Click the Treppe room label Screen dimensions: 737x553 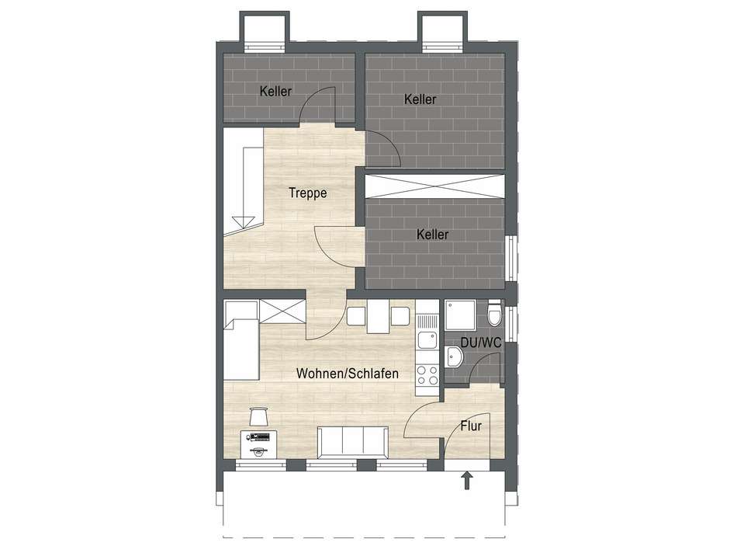pyautogui.click(x=308, y=193)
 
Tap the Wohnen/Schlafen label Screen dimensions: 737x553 pyautogui.click(x=348, y=374)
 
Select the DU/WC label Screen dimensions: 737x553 pyautogui.click(x=480, y=343)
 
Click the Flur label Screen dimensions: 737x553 pyautogui.click(x=471, y=426)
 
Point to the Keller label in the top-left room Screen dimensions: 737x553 pyautogui.click(x=275, y=92)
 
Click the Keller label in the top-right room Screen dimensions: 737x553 pyautogui.click(x=420, y=99)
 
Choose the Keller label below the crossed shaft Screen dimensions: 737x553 pyautogui.click(x=432, y=235)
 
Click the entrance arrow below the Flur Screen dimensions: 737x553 pyautogui.click(x=467, y=481)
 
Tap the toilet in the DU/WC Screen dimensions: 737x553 pyautogui.click(x=494, y=315)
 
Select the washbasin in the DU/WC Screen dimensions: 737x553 pyautogui.click(x=454, y=357)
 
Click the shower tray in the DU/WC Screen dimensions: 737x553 pyautogui.click(x=460, y=315)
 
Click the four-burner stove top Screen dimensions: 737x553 pyautogui.click(x=427, y=375)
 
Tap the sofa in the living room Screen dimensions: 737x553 pyautogui.click(x=352, y=442)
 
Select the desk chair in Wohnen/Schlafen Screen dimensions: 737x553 pyautogui.click(x=258, y=416)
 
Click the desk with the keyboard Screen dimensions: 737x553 pyautogui.click(x=258, y=443)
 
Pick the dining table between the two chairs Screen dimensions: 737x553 pyautogui.click(x=378, y=316)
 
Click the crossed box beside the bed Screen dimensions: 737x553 pyautogui.click(x=282, y=311)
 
